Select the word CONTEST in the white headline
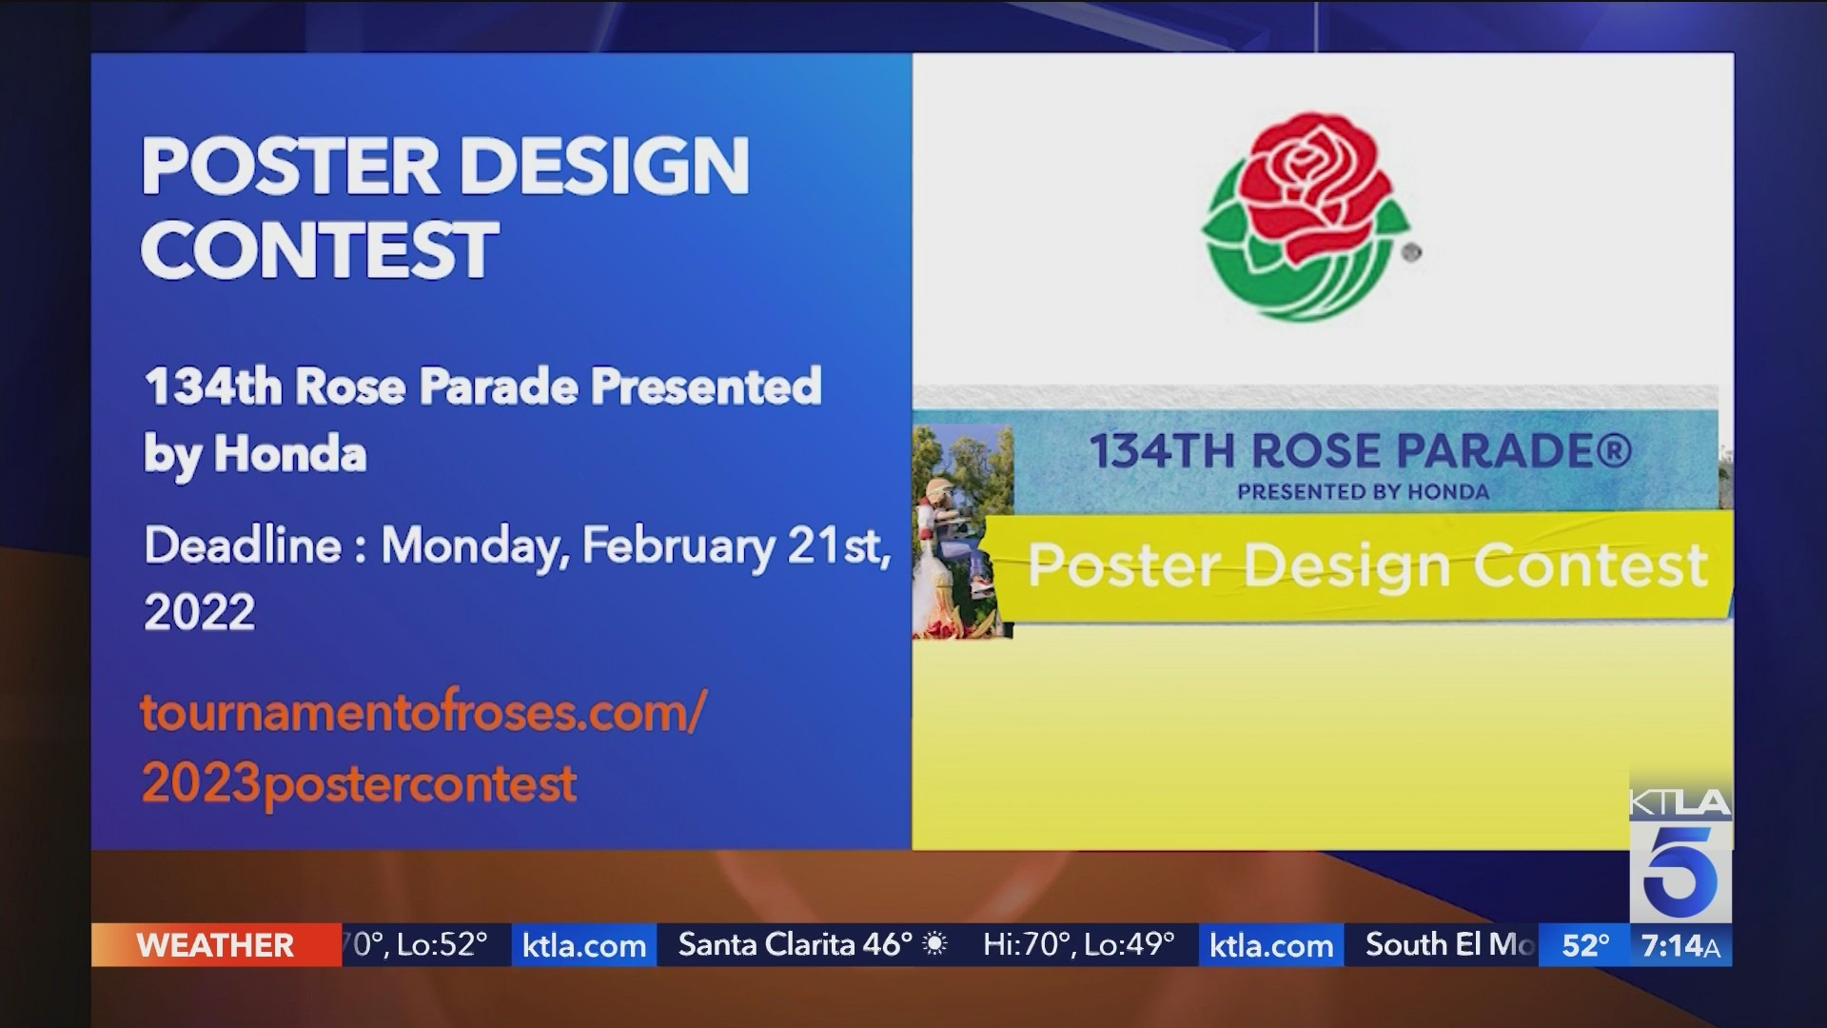click(320, 249)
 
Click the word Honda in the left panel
click(290, 453)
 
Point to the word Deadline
click(243, 545)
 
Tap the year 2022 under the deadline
click(200, 611)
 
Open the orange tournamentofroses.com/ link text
click(423, 712)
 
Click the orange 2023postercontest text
click(359, 784)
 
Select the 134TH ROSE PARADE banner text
click(1361, 451)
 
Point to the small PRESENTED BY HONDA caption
click(1363, 492)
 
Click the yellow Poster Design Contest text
click(1367, 565)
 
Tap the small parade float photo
click(962, 531)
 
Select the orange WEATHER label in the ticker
click(215, 945)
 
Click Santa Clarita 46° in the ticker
click(796, 944)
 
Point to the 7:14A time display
click(1680, 945)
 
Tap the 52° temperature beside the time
click(1585, 945)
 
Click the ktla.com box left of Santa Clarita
click(584, 945)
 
